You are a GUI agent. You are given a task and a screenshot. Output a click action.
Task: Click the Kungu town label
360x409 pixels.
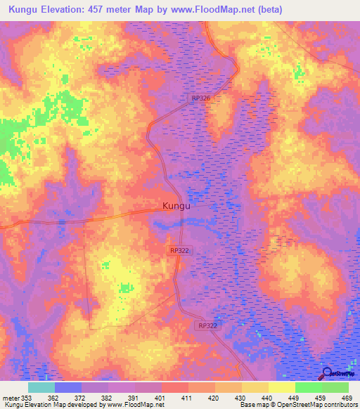176,207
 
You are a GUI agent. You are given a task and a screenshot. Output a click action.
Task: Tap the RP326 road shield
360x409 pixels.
201,99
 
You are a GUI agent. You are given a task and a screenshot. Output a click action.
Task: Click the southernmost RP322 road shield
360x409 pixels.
207,325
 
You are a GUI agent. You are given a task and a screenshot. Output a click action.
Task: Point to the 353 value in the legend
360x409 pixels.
24,397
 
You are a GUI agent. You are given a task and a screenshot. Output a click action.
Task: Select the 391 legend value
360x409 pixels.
134,397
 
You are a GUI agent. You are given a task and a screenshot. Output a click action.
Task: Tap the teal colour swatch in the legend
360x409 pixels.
41,387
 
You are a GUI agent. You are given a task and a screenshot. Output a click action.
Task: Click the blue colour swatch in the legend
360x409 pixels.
67,387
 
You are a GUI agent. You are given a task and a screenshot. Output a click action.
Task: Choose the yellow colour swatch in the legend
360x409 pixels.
281,387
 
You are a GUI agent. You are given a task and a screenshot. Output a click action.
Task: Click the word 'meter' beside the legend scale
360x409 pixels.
8,397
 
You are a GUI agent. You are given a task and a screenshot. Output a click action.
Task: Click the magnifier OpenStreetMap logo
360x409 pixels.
327,374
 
